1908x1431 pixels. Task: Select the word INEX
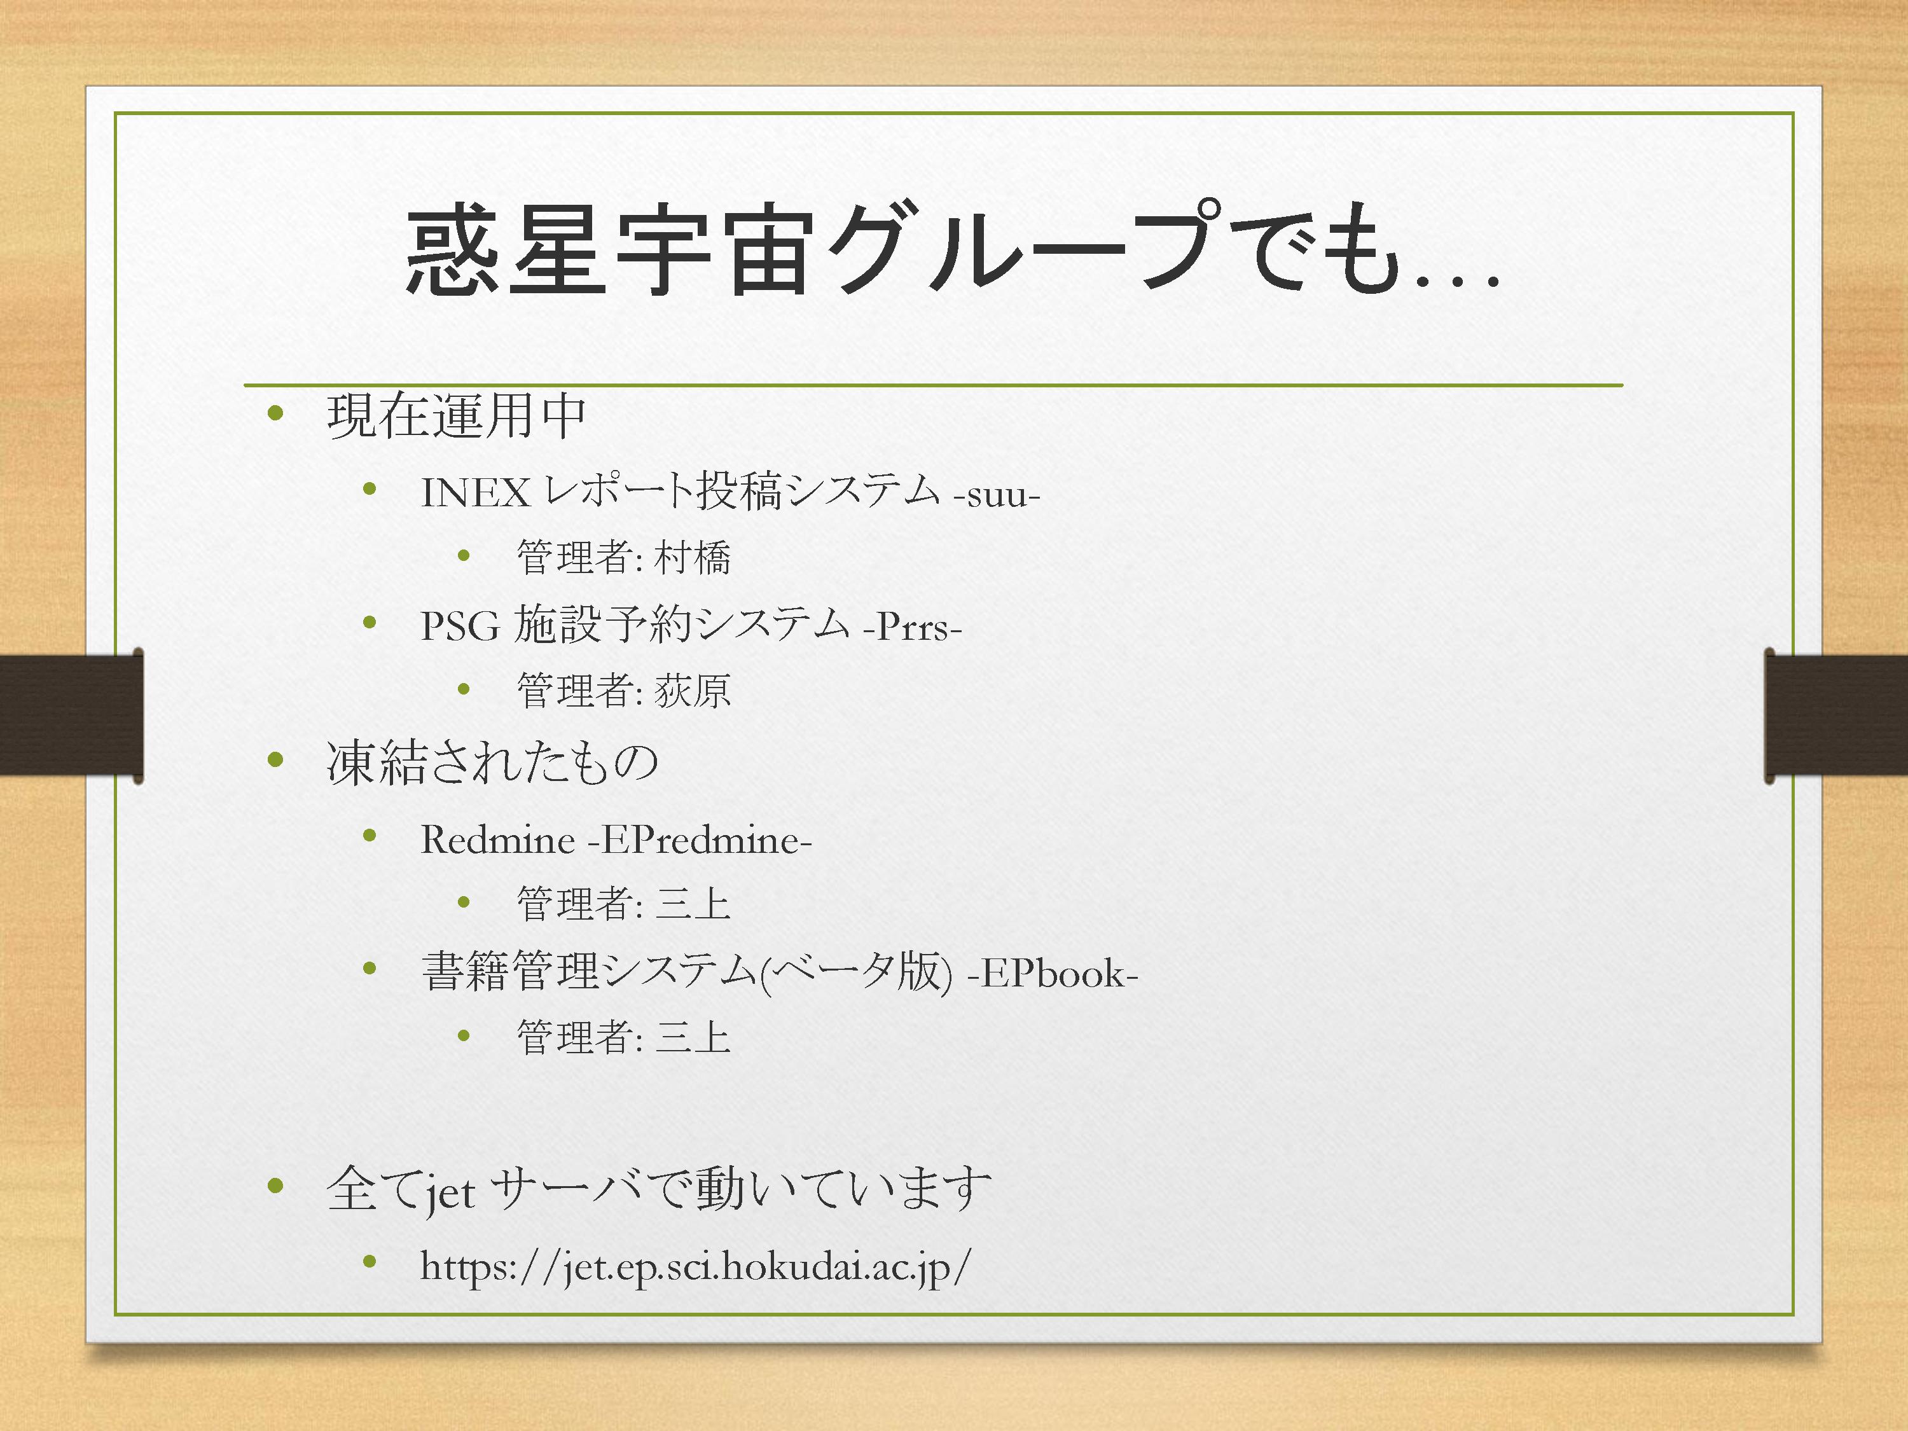pos(475,492)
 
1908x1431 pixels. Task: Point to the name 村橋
pos(693,557)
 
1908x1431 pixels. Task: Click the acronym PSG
pos(460,625)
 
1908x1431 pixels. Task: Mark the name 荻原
pos(693,690)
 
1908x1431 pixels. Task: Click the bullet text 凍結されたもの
pos(492,763)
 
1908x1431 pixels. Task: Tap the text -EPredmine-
pos(700,840)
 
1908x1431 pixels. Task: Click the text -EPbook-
pos(1053,973)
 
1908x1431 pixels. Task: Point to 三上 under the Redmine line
pos(693,904)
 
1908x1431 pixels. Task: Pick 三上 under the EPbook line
pos(693,1037)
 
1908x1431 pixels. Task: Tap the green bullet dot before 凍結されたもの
pos(276,760)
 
